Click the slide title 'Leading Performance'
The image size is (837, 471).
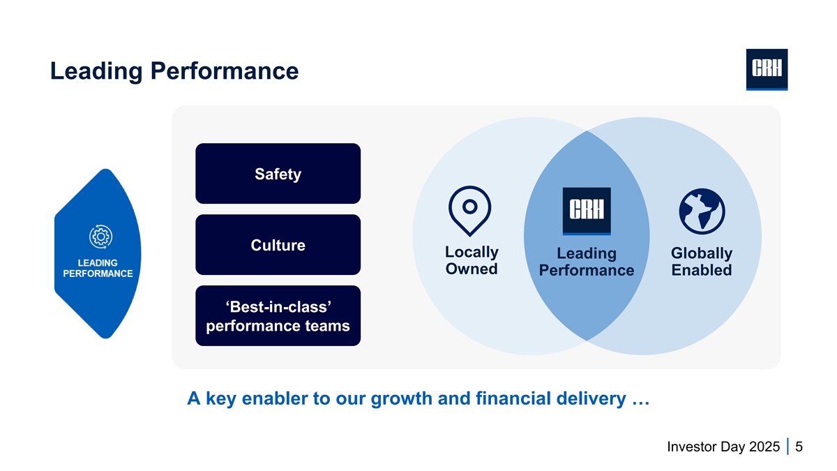coord(174,71)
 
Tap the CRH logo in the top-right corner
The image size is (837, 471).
coord(767,70)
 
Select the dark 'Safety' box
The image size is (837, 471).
coord(278,174)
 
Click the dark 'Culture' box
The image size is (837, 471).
coord(278,245)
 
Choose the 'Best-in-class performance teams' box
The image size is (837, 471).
coord(278,316)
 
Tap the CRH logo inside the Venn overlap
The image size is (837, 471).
coord(587,211)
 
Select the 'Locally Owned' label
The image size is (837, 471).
coord(472,260)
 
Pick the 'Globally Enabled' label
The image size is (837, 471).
coord(701,262)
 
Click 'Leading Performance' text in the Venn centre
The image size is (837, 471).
coord(587,262)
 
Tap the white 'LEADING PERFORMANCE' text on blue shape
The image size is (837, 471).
coord(98,268)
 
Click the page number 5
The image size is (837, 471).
coord(799,446)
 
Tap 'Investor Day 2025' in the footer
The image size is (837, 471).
coord(723,446)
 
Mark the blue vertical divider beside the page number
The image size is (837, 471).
coord(787,446)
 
